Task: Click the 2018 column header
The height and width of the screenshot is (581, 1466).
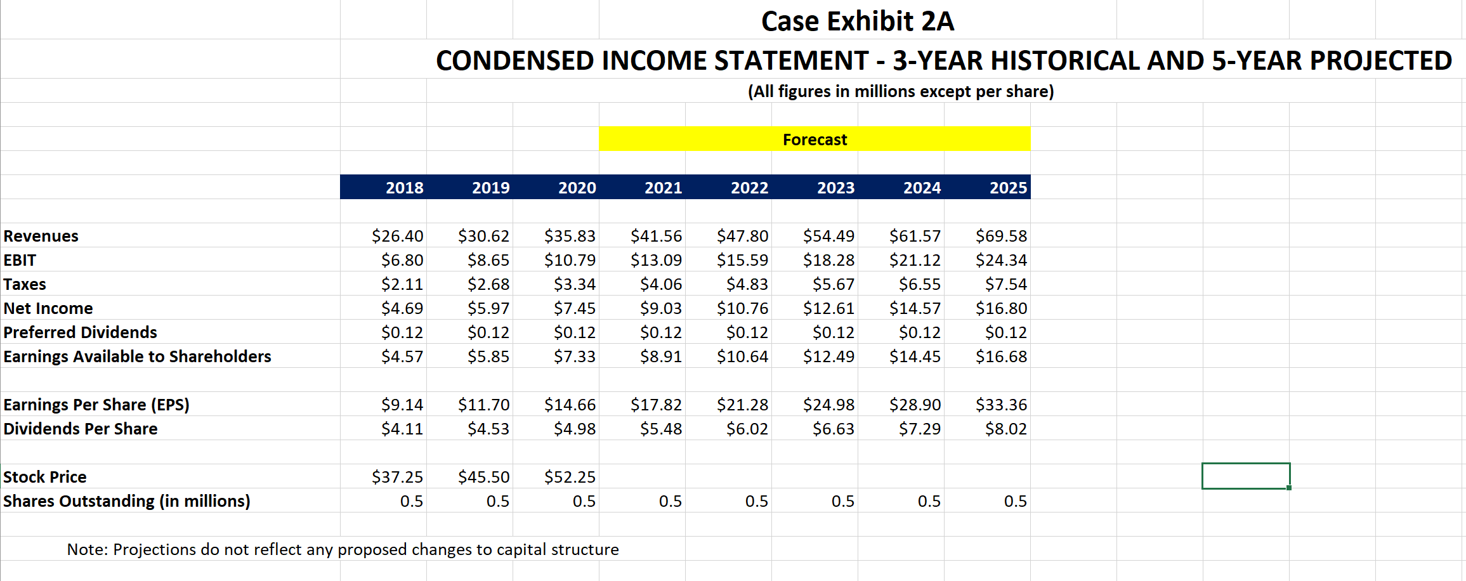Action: tap(404, 188)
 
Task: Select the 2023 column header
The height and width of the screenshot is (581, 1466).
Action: tap(835, 188)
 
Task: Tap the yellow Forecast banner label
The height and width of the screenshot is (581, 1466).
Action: tap(815, 140)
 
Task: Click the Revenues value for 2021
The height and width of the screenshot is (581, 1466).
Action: tap(656, 236)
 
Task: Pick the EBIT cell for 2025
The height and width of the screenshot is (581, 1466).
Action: tap(1001, 260)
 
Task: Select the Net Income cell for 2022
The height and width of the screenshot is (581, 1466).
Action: tap(742, 308)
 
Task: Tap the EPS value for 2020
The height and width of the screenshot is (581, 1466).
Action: tap(570, 405)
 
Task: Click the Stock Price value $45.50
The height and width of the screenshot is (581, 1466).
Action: tap(483, 477)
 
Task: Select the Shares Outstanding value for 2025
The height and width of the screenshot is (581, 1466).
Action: tap(1015, 501)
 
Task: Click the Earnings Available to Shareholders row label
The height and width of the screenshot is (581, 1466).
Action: tap(137, 356)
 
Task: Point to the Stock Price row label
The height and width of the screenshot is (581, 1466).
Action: tap(45, 477)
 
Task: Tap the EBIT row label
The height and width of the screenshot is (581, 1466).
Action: tap(20, 260)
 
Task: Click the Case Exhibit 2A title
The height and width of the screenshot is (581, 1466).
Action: tap(857, 21)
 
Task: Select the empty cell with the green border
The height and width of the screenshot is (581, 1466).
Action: tap(1245, 476)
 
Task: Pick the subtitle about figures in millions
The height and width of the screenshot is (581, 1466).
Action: tap(900, 91)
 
